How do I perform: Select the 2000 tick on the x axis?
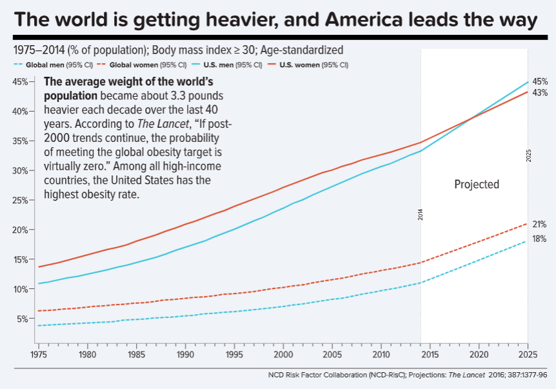click(x=283, y=354)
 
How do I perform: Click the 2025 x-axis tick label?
click(x=528, y=354)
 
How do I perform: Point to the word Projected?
click(x=477, y=185)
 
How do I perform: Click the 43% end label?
click(x=540, y=93)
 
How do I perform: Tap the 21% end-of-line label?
click(x=539, y=224)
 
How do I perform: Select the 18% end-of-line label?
click(x=539, y=239)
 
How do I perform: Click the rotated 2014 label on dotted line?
click(x=421, y=215)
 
